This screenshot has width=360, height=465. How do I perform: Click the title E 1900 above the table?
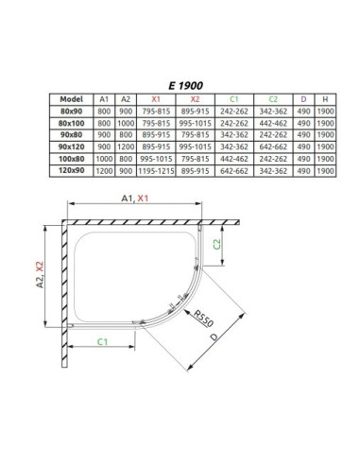[x=185, y=85]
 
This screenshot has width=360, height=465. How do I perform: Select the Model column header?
[x=72, y=99]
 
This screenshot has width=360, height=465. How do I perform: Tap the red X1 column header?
[x=156, y=99]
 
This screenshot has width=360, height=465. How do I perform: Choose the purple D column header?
[x=303, y=99]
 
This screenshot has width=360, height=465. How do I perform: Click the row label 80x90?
[x=72, y=112]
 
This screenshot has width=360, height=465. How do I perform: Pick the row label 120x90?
[x=72, y=170]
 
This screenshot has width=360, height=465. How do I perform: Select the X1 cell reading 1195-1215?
[x=156, y=171]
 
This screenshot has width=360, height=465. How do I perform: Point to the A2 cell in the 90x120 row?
[x=126, y=146]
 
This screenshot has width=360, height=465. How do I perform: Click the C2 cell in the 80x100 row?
[x=273, y=123]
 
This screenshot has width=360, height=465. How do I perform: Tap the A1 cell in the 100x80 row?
[x=104, y=159]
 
